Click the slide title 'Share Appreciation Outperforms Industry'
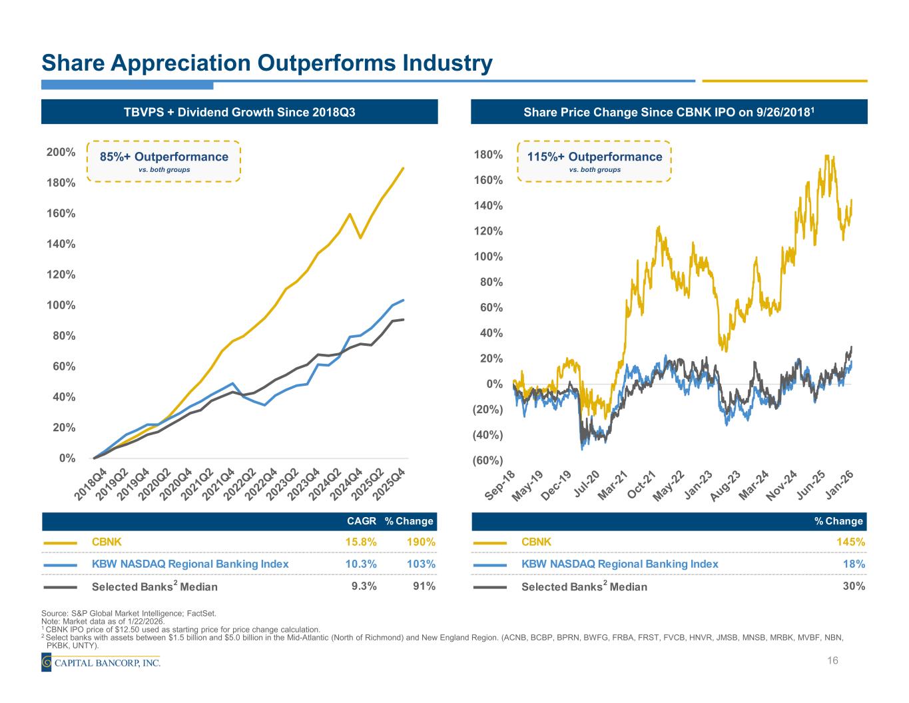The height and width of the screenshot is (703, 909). point(267,63)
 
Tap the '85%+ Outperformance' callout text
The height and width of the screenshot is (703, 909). point(164,157)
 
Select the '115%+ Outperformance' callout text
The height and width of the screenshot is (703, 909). point(595,157)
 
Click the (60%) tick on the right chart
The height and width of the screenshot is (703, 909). point(488,460)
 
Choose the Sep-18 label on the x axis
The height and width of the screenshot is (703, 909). point(499,485)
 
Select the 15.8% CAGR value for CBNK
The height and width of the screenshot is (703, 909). point(361,542)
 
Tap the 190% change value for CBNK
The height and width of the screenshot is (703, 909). point(421,542)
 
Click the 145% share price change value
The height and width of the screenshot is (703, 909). point(852,542)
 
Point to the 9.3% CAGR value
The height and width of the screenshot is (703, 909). point(364,586)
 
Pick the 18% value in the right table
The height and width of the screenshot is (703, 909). point(855,564)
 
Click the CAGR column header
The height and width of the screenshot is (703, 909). point(362,520)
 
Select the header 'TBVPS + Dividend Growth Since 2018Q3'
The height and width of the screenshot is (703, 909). point(240,112)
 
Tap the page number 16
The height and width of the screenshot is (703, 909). point(832,660)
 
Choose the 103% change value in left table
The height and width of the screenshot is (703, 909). point(421,564)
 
